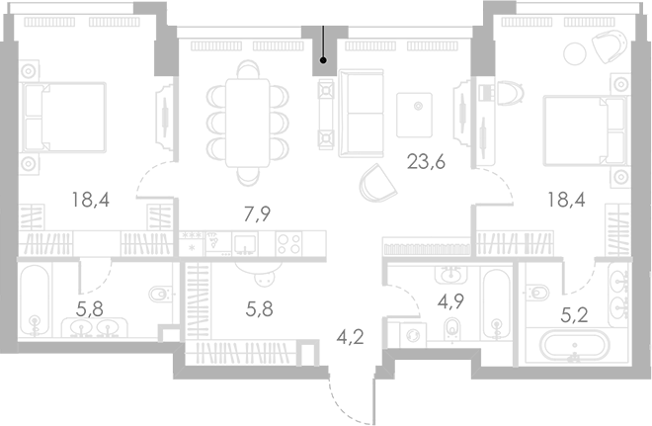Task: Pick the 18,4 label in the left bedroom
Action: click(89, 200)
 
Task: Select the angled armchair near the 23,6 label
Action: click(376, 184)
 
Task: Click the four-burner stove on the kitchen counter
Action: click(289, 243)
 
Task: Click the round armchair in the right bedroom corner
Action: click(609, 45)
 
